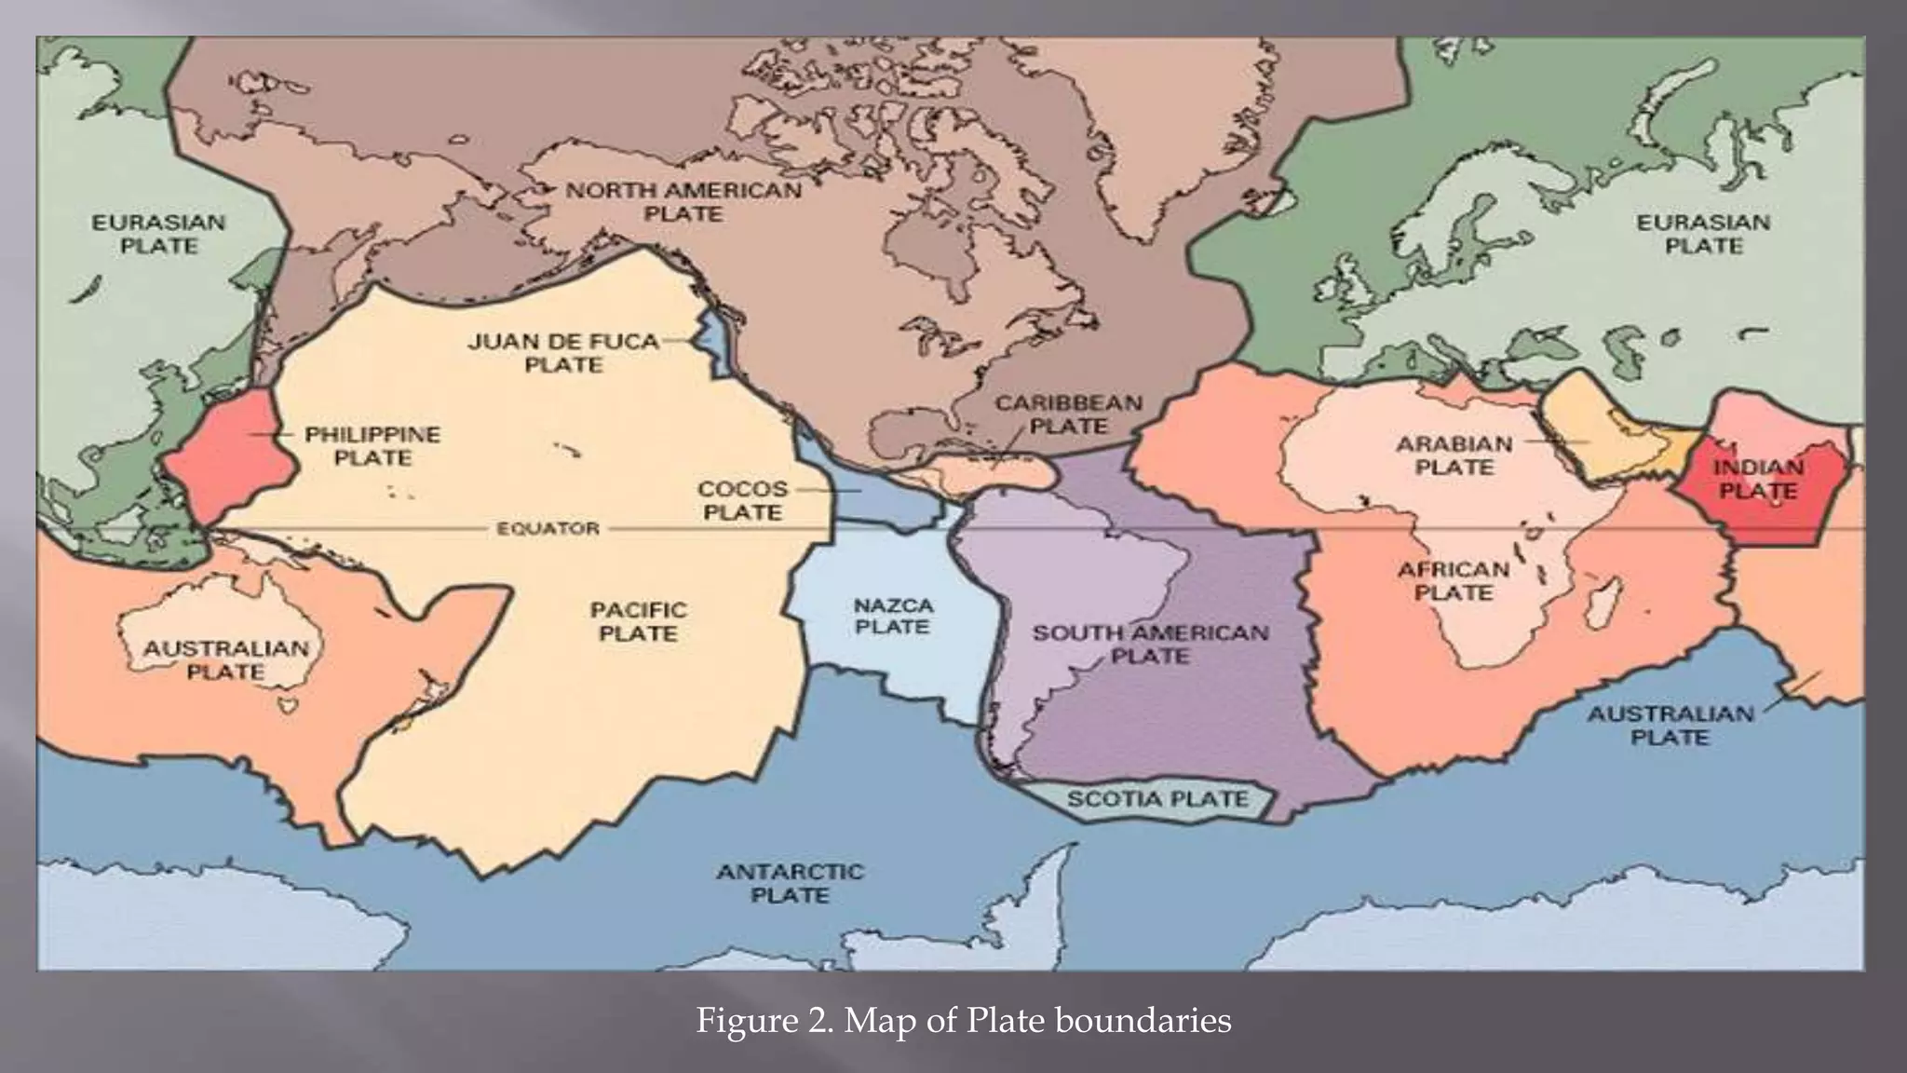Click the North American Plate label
pyautogui.click(x=683, y=201)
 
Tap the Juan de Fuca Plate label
pyautogui.click(x=563, y=353)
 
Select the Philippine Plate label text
pyautogui.click(x=372, y=446)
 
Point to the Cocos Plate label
pyautogui.click(x=742, y=500)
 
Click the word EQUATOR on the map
pyautogui.click(x=548, y=529)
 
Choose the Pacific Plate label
pyautogui.click(x=638, y=621)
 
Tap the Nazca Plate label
pyautogui.click(x=892, y=617)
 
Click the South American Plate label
pyautogui.click(x=1150, y=644)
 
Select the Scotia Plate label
pyautogui.click(x=1157, y=799)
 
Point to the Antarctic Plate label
pyautogui.click(x=790, y=883)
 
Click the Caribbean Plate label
pyautogui.click(x=1068, y=414)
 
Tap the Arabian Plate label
pyautogui.click(x=1454, y=455)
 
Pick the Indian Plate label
pyautogui.click(x=1758, y=479)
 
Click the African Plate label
pyautogui.click(x=1453, y=580)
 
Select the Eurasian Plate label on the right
pyautogui.click(x=1703, y=234)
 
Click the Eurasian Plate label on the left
pyautogui.click(x=158, y=234)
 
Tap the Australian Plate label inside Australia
pyautogui.click(x=225, y=659)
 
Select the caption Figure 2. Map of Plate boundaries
pyautogui.click(x=964, y=1021)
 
